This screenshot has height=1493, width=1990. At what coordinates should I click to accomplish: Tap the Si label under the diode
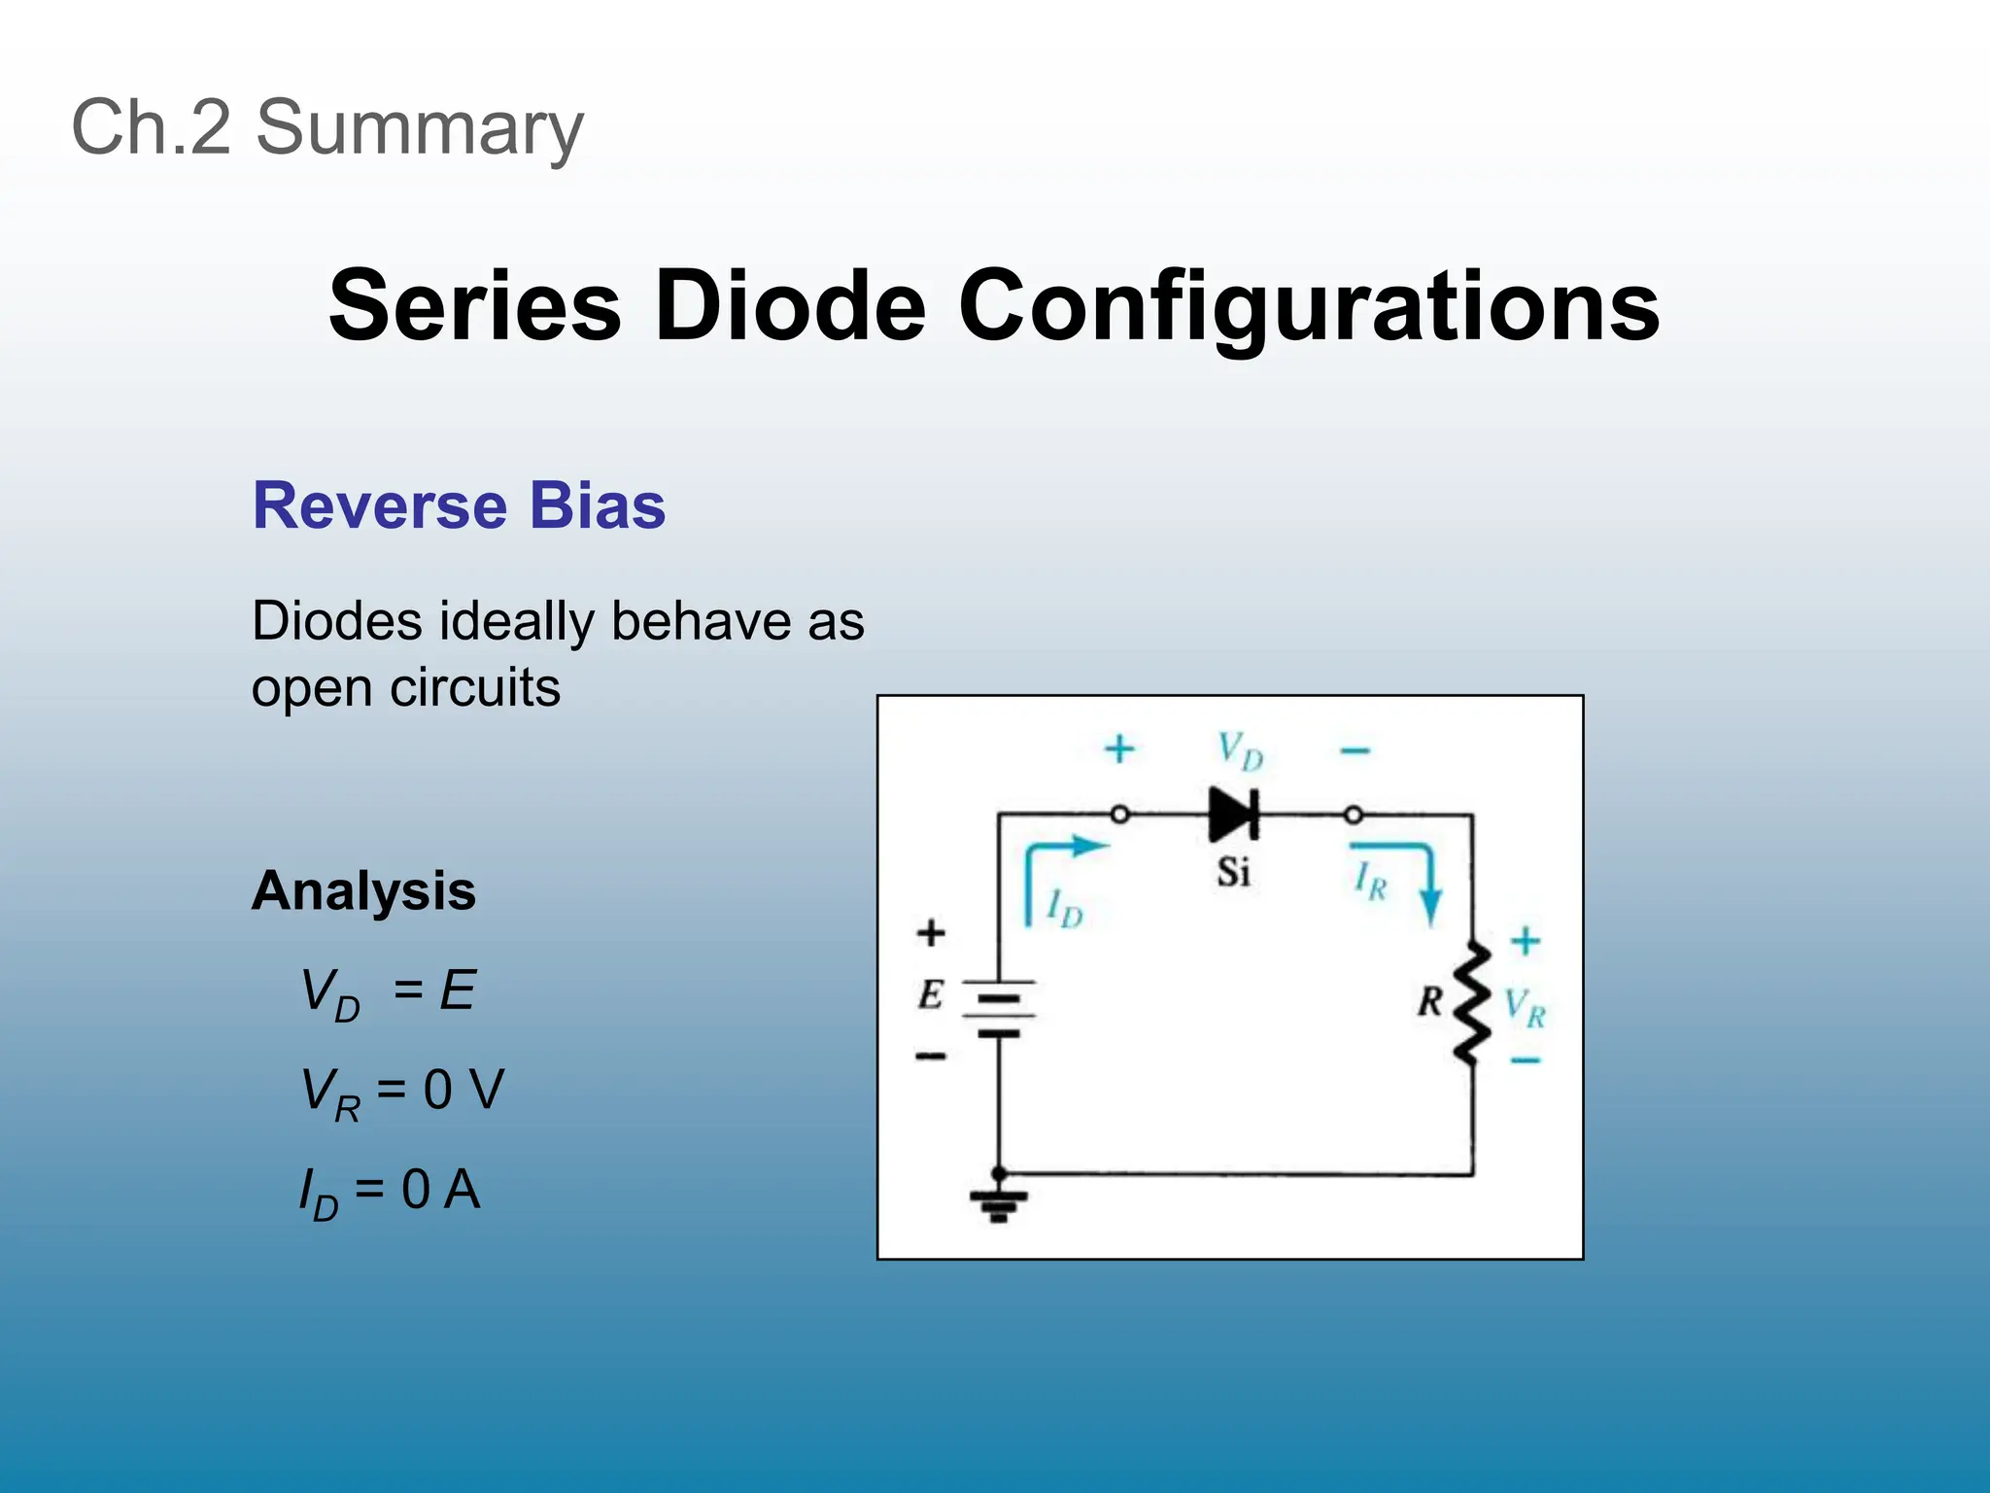pyautogui.click(x=1233, y=872)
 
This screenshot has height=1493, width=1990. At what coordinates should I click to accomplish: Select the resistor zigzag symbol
pyautogui.click(x=1473, y=1001)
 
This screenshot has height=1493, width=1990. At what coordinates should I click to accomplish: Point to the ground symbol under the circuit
pyautogui.click(x=999, y=1203)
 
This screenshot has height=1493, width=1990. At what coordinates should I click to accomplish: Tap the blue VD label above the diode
pyautogui.click(x=1240, y=750)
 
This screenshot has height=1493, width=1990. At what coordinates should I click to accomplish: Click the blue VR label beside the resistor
pyautogui.click(x=1524, y=1007)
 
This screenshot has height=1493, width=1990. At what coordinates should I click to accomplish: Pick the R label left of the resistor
pyautogui.click(x=1429, y=1001)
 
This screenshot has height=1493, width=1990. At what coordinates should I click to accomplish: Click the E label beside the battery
pyautogui.click(x=930, y=994)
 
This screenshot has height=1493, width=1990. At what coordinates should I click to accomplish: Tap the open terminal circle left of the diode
pyautogui.click(x=1119, y=815)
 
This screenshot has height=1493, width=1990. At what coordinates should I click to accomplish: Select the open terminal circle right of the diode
pyautogui.click(x=1353, y=815)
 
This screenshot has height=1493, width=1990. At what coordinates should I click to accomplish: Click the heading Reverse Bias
pyautogui.click(x=459, y=505)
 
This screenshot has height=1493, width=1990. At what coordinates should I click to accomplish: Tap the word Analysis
pyautogui.click(x=363, y=890)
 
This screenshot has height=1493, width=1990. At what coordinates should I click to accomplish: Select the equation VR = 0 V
pyautogui.click(x=402, y=1092)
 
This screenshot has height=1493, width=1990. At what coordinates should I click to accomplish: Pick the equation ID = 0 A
pyautogui.click(x=389, y=1192)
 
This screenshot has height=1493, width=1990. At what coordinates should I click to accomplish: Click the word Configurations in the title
pyautogui.click(x=1308, y=306)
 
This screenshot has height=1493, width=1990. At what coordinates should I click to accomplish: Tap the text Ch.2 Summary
pyautogui.click(x=327, y=126)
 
